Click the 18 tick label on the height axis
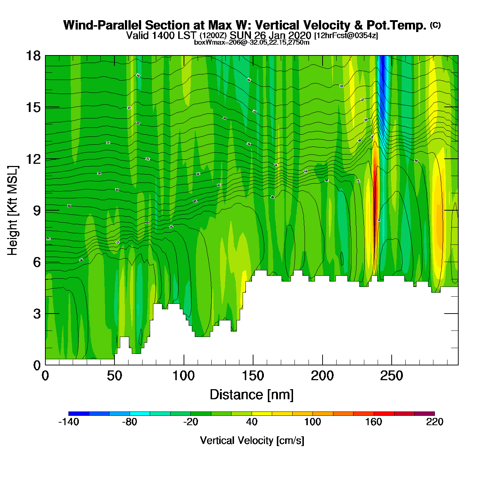click(x=33, y=56)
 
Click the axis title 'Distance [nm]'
click(x=252, y=395)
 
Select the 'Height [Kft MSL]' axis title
click(x=13, y=211)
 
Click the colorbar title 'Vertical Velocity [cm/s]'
click(x=252, y=441)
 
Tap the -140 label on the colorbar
click(x=68, y=422)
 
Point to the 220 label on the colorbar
click(x=435, y=422)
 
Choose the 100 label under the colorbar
click(x=312, y=422)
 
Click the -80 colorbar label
click(x=130, y=422)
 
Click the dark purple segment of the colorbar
click(x=424, y=414)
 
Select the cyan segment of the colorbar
click(x=140, y=414)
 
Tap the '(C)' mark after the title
click(x=435, y=25)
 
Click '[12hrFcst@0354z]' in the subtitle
click(x=346, y=36)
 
